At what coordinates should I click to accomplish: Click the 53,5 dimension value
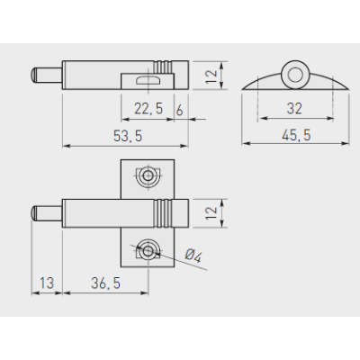coord(128,136)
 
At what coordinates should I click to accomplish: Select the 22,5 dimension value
coord(148,108)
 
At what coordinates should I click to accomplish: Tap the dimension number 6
coord(179,110)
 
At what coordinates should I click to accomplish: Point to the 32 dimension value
coord(294,108)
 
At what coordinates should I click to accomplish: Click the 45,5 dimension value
coord(296,135)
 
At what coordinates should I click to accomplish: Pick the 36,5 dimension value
coord(106,283)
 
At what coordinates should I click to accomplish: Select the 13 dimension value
coord(47,283)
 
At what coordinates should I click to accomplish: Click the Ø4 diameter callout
coord(193,256)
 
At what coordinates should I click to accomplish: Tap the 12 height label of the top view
coord(211,76)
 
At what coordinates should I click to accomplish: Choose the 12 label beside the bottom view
coord(211,213)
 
